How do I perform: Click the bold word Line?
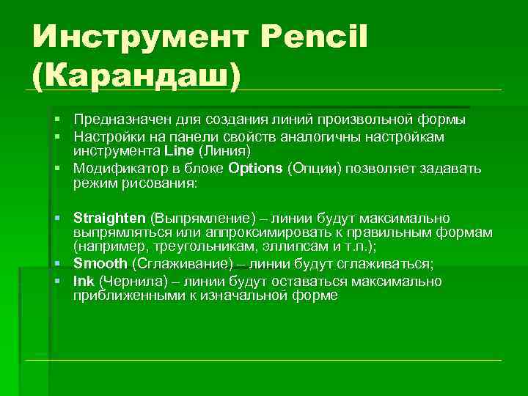pyautogui.click(x=179, y=151)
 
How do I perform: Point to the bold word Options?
pyautogui.click(x=255, y=168)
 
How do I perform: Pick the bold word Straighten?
pyautogui.click(x=110, y=219)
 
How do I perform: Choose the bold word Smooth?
pyautogui.click(x=101, y=263)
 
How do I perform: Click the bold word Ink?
pyautogui.click(x=84, y=281)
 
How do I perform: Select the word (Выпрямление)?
pyautogui.click(x=194, y=219)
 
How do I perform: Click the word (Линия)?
pyautogui.click(x=224, y=151)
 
